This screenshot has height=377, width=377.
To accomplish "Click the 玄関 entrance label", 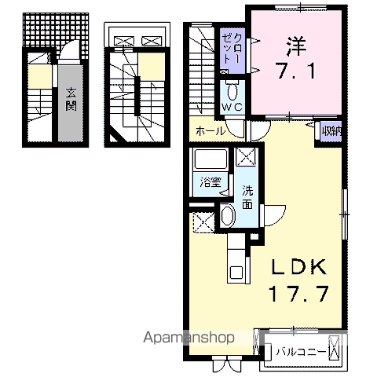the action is coord(71,100).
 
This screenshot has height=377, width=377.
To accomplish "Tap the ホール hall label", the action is coord(210,130).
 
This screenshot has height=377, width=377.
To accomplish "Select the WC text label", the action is coord(232,107).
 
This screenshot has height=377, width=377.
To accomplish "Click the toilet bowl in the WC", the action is coord(232,93).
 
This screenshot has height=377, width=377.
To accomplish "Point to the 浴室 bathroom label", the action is coord(210,182).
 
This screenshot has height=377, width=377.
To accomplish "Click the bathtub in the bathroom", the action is coord(210,159).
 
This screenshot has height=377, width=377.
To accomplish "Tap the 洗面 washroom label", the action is coord(247,197).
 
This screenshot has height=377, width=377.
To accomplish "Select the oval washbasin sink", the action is coord(227,215).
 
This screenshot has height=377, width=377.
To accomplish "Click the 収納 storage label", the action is coord(331,131).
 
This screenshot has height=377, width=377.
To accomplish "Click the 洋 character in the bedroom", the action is coord(296,46).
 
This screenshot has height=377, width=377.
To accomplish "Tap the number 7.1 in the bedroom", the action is coord(296,71).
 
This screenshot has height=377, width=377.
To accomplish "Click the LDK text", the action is coord(299,266).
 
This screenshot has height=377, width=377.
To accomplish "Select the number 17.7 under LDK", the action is coord(298,294).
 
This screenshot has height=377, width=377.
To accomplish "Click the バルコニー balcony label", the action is coord(301,351).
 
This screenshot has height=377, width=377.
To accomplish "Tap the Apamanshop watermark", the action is coord(188,338).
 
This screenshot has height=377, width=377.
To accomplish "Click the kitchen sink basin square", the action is coord(236,273).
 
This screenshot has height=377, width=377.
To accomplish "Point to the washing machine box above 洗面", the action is coord(246,156).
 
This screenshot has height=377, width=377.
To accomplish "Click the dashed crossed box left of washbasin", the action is coord(204,222).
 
